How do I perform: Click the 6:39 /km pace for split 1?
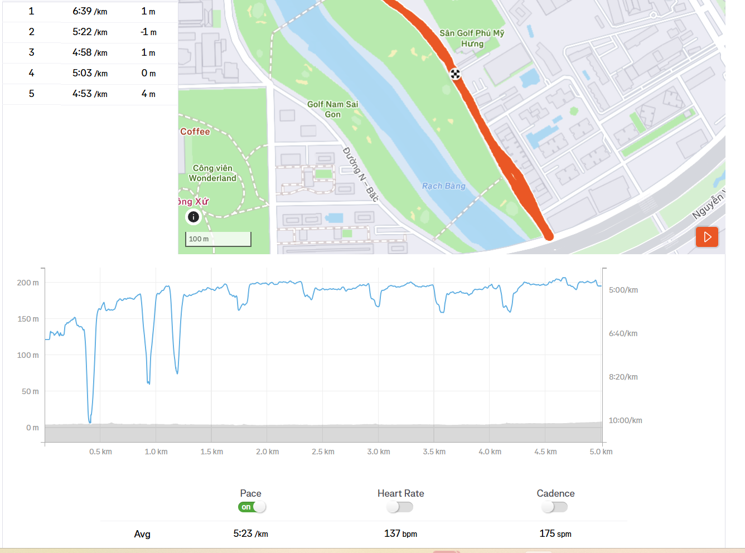(89, 11)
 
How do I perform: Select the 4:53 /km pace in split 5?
(89, 94)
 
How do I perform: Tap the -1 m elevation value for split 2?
(148, 32)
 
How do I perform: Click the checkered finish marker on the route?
(456, 74)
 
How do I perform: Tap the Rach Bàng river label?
(443, 186)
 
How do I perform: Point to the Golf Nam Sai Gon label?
(332, 109)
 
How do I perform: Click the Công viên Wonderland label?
(212, 173)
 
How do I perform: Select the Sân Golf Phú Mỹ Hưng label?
(472, 38)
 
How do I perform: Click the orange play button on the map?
(707, 237)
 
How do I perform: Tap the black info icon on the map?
(193, 217)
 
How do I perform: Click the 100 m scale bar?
(218, 239)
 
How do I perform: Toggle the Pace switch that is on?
(252, 507)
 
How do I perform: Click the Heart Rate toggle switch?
(400, 507)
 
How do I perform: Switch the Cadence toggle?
(555, 507)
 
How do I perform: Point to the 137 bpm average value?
(400, 533)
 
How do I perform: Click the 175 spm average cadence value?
(555, 533)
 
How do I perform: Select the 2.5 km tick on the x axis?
(323, 452)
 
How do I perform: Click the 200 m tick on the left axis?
(28, 283)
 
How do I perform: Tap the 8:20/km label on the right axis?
(623, 377)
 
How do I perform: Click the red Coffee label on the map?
(195, 132)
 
